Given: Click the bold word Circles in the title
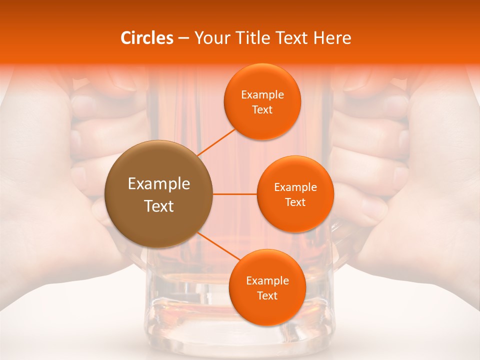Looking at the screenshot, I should [147, 38].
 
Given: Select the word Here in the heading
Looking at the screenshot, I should [332, 38].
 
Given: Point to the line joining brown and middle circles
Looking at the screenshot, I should [235, 194].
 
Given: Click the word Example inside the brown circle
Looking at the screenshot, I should [158, 184].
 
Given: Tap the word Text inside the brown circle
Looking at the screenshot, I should [158, 206].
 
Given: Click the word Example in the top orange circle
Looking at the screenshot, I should [262, 95].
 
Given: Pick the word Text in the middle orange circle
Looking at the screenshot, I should [295, 202].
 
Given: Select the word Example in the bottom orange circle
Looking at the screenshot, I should [267, 281].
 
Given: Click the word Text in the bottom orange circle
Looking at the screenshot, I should [267, 296].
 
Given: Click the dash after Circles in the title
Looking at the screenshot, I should [183, 38].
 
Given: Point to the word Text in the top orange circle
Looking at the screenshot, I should [262, 110].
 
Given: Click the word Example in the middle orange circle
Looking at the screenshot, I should [295, 187].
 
